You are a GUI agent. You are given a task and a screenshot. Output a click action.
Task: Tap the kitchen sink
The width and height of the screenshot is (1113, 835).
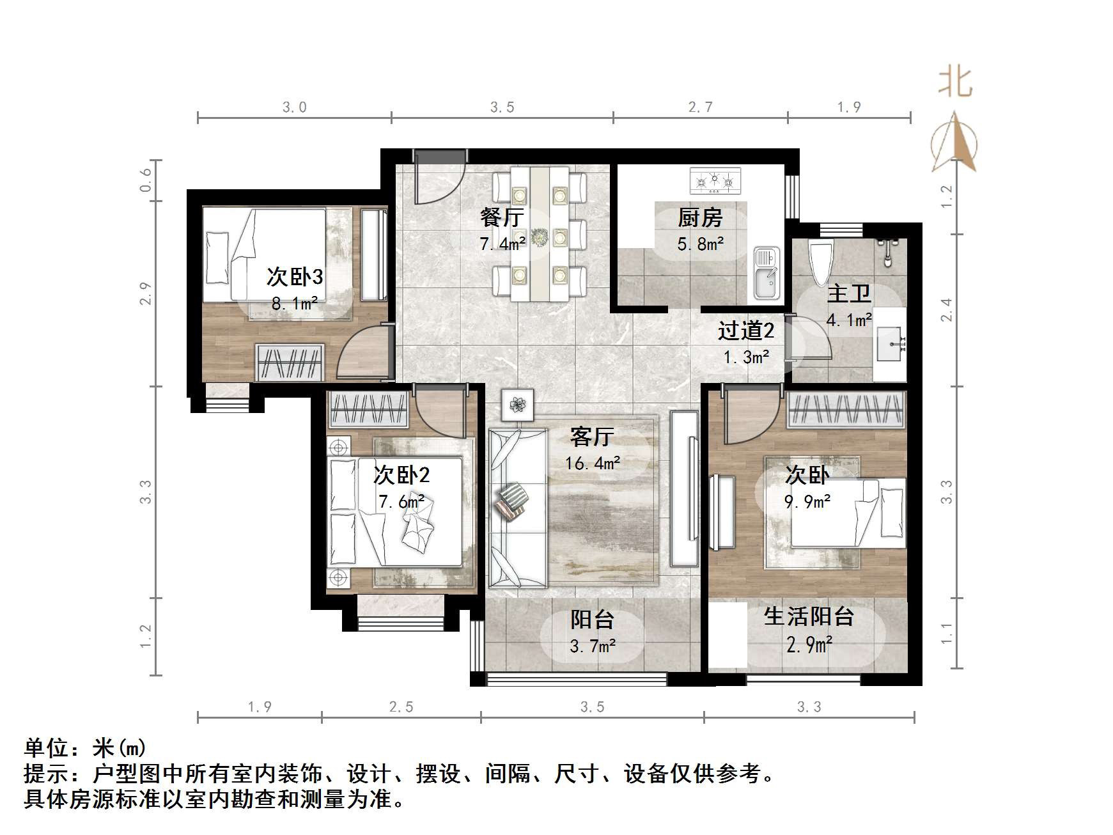click(x=767, y=274)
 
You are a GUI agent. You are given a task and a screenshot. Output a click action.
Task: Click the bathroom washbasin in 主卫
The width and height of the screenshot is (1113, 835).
click(x=890, y=343)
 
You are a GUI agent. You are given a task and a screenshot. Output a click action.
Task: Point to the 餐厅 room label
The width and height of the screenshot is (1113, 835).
click(x=502, y=218)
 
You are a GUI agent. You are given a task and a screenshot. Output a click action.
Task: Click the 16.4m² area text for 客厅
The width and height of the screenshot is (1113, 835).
click(x=592, y=463)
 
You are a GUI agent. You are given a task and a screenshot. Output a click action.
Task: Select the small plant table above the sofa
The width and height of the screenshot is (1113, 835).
click(x=517, y=404)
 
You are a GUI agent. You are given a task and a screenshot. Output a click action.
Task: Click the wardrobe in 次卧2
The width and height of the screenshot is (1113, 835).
click(x=368, y=409)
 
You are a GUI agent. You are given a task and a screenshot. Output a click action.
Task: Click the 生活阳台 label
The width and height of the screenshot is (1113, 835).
click(x=809, y=616)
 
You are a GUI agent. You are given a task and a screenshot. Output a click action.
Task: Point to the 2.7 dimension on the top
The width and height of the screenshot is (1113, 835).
click(x=700, y=107)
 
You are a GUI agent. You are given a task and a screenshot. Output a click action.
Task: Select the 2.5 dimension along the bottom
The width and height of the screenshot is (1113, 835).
click(x=401, y=706)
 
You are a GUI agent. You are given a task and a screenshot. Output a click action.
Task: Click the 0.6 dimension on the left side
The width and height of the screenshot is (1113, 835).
click(x=146, y=180)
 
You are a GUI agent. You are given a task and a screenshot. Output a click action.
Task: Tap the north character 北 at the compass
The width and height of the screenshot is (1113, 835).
click(x=955, y=83)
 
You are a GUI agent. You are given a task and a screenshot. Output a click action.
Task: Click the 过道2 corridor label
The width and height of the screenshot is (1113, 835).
click(x=745, y=331)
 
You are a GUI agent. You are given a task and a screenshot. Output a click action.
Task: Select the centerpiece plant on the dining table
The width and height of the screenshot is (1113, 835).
click(x=541, y=237)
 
